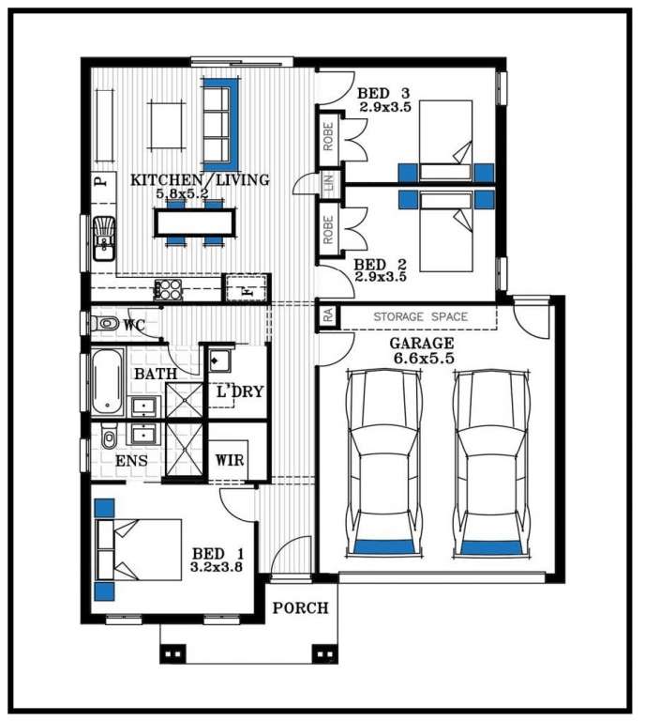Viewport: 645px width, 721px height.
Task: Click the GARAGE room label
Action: [x=422, y=344]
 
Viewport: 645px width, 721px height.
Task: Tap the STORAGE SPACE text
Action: [x=421, y=316]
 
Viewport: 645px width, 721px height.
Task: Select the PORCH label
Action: [x=301, y=608]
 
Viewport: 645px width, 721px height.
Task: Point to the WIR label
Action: [x=230, y=460]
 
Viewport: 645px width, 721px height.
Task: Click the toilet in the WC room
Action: [x=104, y=323]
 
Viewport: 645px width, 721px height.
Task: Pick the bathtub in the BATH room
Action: [x=108, y=382]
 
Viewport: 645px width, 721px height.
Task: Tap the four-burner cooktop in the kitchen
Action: [x=168, y=289]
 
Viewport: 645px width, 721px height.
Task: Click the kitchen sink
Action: [x=104, y=238]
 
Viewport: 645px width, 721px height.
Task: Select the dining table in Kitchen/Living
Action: [x=195, y=222]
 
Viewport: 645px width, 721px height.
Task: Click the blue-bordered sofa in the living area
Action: [x=221, y=125]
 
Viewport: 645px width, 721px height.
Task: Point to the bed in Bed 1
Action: [x=138, y=550]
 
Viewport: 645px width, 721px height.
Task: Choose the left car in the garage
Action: [x=383, y=464]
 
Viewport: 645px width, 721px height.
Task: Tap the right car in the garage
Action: [x=490, y=464]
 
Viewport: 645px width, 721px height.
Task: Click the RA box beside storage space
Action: [x=328, y=315]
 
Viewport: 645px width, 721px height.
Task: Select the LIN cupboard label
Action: [x=329, y=182]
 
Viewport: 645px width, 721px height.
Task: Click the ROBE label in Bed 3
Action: [x=328, y=136]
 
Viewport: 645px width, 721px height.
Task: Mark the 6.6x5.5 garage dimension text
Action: [x=424, y=359]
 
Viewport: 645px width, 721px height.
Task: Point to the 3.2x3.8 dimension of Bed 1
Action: [x=217, y=567]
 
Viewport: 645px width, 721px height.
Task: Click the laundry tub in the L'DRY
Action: [x=220, y=360]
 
